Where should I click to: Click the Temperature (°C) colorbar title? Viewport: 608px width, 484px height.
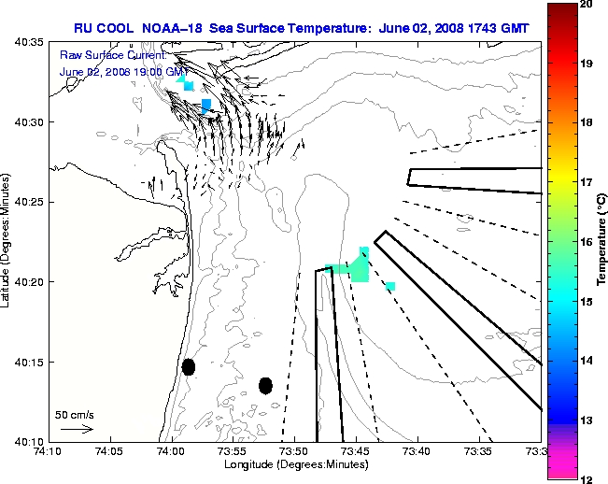(603, 241)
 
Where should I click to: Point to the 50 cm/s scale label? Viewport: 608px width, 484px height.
(75, 414)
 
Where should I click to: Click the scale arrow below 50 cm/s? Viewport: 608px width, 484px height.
(76, 429)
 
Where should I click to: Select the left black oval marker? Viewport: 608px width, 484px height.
(189, 366)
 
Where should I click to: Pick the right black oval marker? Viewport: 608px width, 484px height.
(265, 385)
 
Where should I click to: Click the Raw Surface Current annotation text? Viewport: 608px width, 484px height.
(102, 56)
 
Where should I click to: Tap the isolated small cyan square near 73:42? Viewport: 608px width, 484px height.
(389, 286)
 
